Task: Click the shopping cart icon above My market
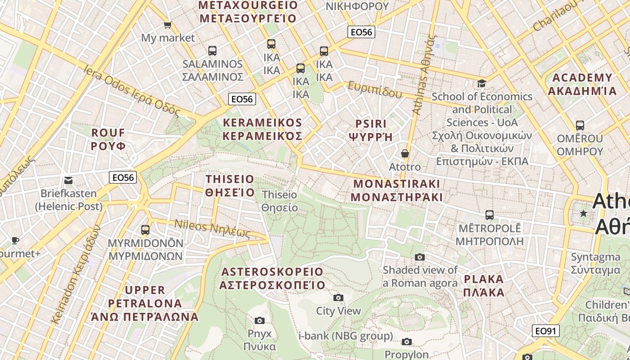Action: (x=167, y=25)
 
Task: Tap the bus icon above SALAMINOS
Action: (x=212, y=51)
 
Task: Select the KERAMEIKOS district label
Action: (x=263, y=129)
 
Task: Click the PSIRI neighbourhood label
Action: (x=371, y=130)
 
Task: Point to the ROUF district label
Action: (x=108, y=139)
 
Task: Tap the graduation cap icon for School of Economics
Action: (x=481, y=83)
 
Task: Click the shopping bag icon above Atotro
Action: (x=405, y=153)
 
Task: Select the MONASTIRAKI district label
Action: (x=396, y=190)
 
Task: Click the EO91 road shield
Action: (x=545, y=331)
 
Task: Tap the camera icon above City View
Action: (x=338, y=297)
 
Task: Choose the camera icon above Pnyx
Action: (x=260, y=320)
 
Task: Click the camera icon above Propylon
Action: (x=407, y=342)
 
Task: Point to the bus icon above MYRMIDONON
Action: (x=145, y=230)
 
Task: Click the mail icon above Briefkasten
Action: (x=68, y=180)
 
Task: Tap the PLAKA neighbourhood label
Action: (x=484, y=285)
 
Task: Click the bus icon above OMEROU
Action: (x=580, y=125)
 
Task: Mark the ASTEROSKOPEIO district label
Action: (x=272, y=278)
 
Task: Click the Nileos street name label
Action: (x=211, y=228)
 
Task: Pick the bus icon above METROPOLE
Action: (x=490, y=215)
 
